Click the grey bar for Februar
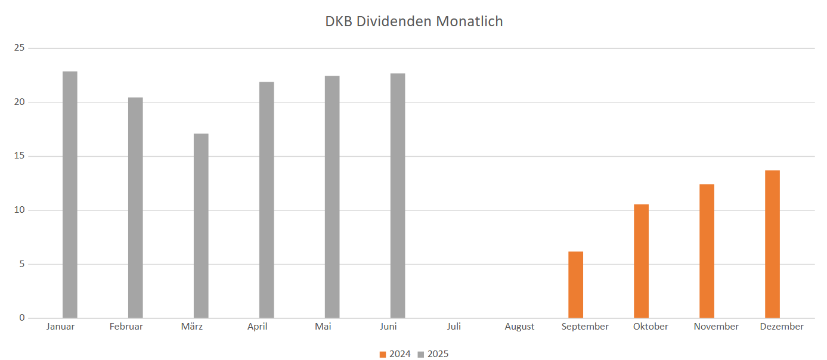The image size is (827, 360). [x=135, y=208]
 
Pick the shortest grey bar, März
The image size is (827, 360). [x=201, y=226]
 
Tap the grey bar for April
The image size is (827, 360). [x=267, y=200]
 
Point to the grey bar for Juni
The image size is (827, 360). [x=398, y=196]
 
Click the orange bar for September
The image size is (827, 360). [x=575, y=285]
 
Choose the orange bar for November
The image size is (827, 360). [x=707, y=252]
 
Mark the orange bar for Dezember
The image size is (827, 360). [x=772, y=244]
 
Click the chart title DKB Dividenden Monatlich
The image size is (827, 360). [x=414, y=21]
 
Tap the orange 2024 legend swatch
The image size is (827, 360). [x=383, y=355]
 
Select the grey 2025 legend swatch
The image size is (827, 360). [x=421, y=355]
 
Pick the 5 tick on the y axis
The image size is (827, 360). [x=22, y=264]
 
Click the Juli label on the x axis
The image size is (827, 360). [x=454, y=327]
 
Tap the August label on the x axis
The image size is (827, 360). [x=519, y=327]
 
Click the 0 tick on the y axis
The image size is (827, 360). [x=22, y=318]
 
